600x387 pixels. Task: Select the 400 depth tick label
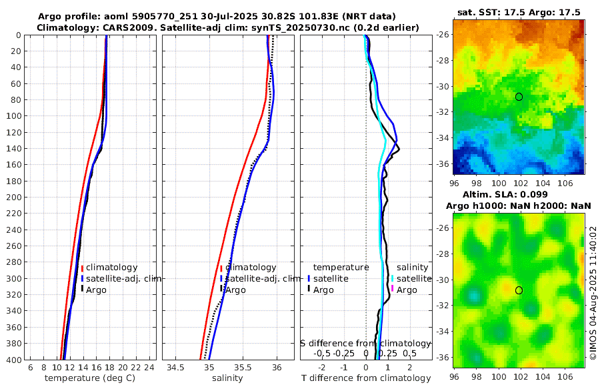(x=14, y=360)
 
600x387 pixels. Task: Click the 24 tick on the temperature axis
(x=149, y=368)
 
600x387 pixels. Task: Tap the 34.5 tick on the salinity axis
(x=176, y=368)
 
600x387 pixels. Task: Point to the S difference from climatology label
(x=365, y=342)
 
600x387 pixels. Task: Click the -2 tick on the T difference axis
(x=323, y=368)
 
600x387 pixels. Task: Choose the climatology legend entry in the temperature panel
(x=111, y=267)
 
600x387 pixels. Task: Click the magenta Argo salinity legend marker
(x=393, y=289)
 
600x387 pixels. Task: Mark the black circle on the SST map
(x=519, y=97)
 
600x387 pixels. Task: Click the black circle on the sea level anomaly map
(x=519, y=290)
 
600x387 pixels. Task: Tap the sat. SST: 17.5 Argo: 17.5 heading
(x=518, y=13)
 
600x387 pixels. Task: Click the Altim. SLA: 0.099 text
(x=518, y=194)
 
